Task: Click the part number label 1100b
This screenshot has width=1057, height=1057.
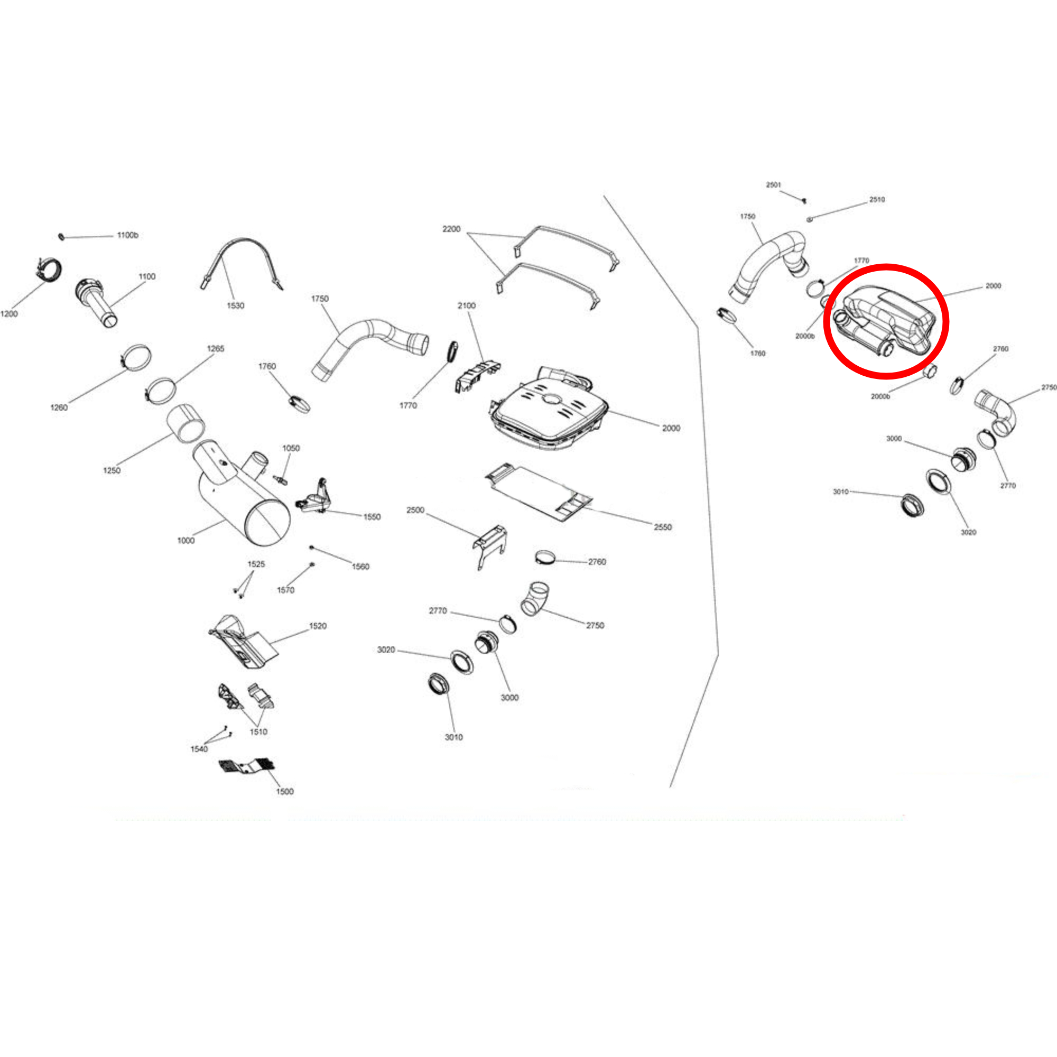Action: [127, 235]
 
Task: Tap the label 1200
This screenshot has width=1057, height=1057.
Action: [10, 314]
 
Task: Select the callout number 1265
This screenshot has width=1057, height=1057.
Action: [216, 348]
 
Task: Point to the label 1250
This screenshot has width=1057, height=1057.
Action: [112, 470]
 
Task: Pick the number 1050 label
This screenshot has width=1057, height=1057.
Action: [291, 448]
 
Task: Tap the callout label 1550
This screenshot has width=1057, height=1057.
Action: [372, 517]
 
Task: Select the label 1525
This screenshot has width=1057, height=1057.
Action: [256, 564]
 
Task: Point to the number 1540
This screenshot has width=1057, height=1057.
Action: [199, 749]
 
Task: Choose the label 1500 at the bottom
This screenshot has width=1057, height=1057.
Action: [285, 792]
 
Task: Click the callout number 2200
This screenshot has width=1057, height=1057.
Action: [451, 229]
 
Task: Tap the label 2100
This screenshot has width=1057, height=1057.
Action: [467, 306]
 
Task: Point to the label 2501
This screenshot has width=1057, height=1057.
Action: [774, 185]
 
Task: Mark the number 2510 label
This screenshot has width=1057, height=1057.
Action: [877, 200]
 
